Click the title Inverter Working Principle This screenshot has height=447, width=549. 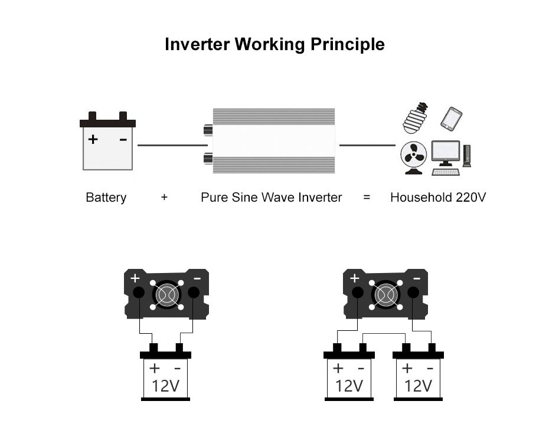(274, 45)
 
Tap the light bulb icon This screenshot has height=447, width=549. (416, 117)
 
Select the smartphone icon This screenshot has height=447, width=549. (451, 119)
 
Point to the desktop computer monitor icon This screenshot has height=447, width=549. (445, 153)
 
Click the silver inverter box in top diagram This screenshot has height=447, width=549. (274, 141)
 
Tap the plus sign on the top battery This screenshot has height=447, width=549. (93, 140)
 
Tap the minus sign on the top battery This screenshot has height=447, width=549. (123, 140)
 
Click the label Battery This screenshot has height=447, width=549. (106, 198)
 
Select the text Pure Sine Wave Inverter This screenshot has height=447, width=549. (271, 198)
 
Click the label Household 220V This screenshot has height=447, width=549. (438, 198)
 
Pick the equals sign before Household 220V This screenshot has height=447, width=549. (367, 198)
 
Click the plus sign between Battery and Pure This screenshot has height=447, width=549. (164, 198)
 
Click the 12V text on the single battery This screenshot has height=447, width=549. (165, 386)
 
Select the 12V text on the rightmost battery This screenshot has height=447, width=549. (418, 386)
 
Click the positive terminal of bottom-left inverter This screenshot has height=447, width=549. (138, 292)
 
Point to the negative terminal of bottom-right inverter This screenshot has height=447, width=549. (413, 292)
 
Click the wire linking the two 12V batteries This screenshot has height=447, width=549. (384, 334)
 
